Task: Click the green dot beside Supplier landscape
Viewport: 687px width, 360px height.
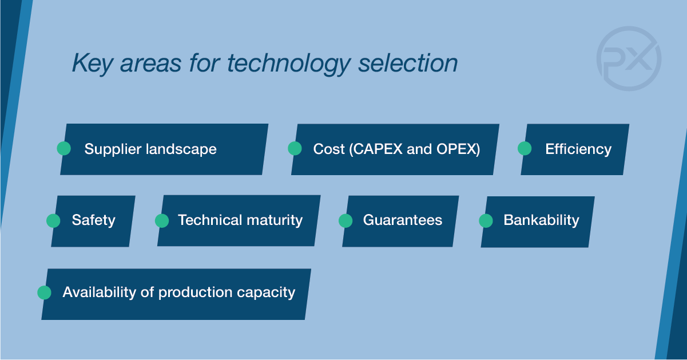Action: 64,149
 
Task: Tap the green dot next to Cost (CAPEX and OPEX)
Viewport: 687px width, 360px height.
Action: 295,149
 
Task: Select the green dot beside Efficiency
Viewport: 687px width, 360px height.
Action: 525,149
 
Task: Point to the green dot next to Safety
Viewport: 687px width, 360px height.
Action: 53,221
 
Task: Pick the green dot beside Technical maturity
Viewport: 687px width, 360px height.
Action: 162,221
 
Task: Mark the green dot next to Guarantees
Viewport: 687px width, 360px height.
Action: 346,221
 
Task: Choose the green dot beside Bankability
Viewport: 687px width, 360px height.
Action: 486,221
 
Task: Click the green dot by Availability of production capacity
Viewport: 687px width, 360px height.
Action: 44,292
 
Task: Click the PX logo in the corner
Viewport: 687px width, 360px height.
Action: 629,58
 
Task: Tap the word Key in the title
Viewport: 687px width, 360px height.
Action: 92,64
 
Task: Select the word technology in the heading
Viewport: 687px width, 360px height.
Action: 288,64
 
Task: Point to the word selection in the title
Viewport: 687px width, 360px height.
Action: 408,62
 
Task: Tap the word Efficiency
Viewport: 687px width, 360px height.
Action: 578,150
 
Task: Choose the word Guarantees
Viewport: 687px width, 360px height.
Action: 403,220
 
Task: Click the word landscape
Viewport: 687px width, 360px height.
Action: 181,150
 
